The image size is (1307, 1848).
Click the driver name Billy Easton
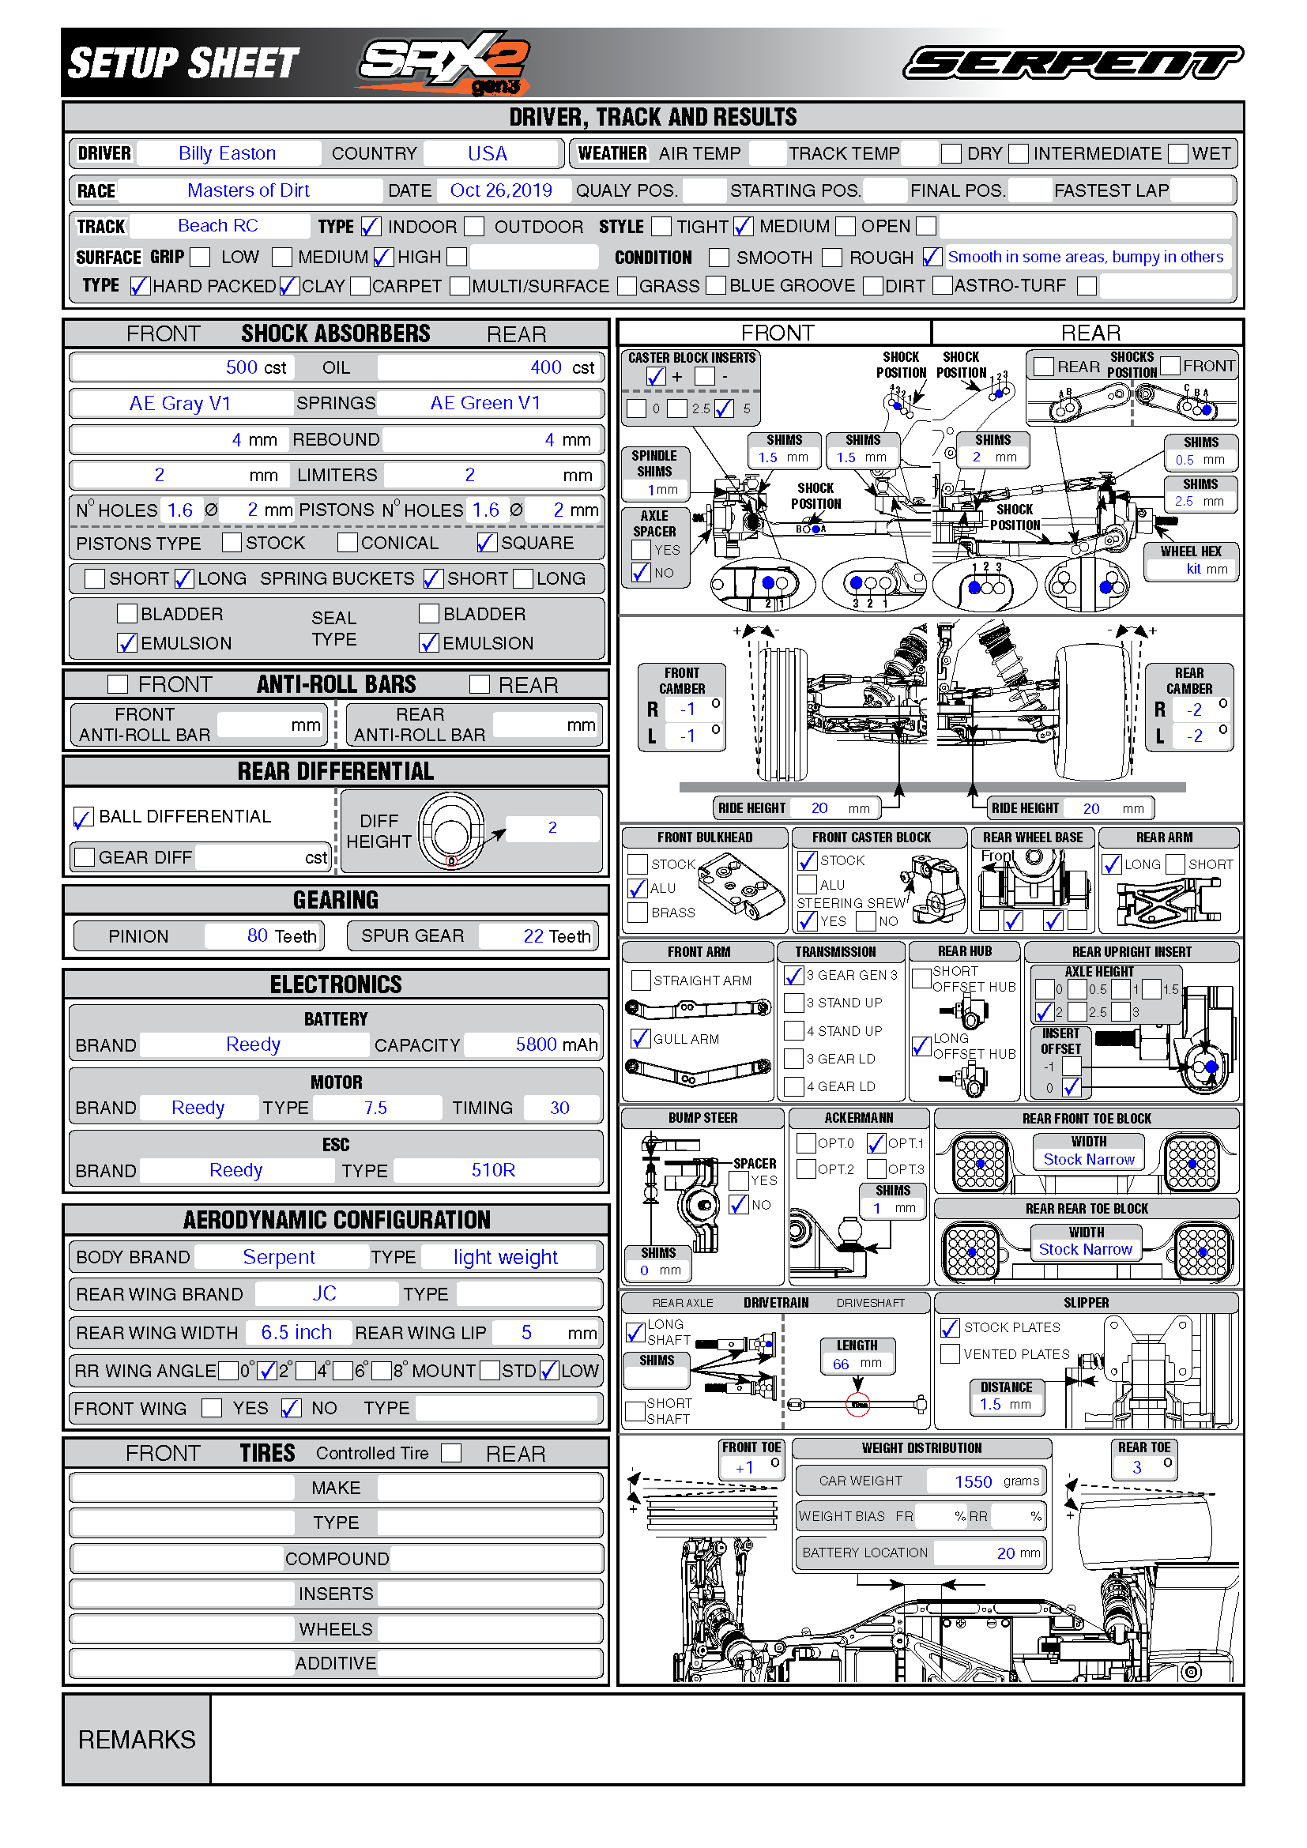pyautogui.click(x=227, y=153)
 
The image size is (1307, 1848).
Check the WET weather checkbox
pyautogui.click(x=1178, y=154)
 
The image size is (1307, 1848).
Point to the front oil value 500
pyautogui.click(x=241, y=368)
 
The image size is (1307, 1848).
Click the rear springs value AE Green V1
pyautogui.click(x=485, y=403)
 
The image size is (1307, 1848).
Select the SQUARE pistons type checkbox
pyautogui.click(x=486, y=543)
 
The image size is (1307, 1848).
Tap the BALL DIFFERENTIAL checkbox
pyautogui.click(x=84, y=817)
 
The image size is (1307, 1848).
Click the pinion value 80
pyautogui.click(x=257, y=935)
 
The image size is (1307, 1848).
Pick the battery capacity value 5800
pyautogui.click(x=536, y=1044)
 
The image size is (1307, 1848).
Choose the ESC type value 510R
pyautogui.click(x=492, y=1170)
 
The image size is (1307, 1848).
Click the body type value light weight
pyautogui.click(x=506, y=1257)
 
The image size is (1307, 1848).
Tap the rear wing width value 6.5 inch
pyautogui.click(x=296, y=1333)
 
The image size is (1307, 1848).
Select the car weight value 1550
pyautogui.click(x=973, y=1481)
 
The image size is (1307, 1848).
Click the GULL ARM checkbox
pyautogui.click(x=641, y=1039)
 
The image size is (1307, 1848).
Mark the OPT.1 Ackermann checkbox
pyautogui.click(x=876, y=1143)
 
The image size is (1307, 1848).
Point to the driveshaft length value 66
pyautogui.click(x=841, y=1364)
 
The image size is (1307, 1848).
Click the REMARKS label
pyautogui.click(x=137, y=1740)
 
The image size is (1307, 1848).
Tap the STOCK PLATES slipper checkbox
pyautogui.click(x=951, y=1328)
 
